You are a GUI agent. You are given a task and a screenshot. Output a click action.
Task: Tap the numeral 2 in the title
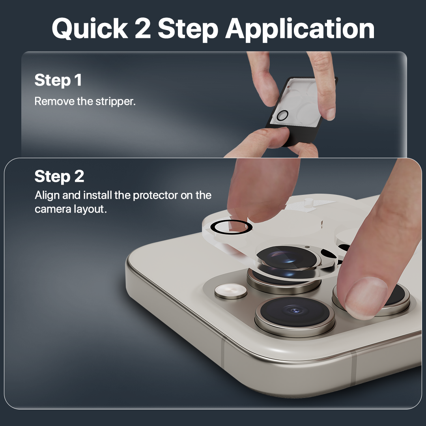click(142, 28)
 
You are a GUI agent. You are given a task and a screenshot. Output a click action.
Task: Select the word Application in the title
click(300, 29)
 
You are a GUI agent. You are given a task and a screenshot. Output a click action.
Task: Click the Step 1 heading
click(58, 80)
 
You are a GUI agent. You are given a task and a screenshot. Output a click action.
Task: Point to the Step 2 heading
click(59, 176)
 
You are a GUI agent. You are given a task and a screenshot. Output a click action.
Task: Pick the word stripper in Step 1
click(115, 101)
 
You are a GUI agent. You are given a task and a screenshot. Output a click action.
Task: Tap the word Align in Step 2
click(46, 195)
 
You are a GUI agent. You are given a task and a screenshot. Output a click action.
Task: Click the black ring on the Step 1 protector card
click(282, 116)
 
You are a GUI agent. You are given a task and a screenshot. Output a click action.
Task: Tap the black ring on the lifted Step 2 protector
click(231, 228)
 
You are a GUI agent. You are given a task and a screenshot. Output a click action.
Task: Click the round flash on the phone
click(231, 291)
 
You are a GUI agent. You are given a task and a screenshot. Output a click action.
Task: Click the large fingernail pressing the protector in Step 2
click(366, 297)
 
